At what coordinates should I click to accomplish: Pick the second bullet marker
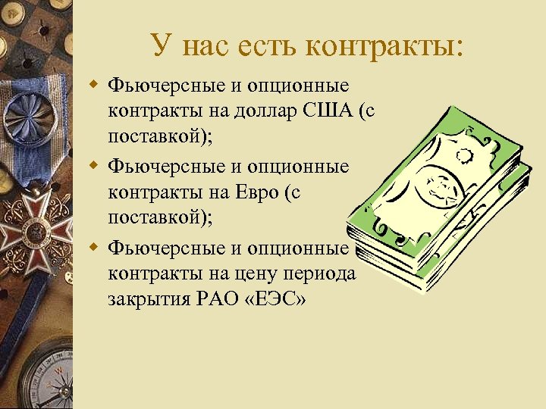(94, 164)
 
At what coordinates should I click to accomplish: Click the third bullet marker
(94, 247)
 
